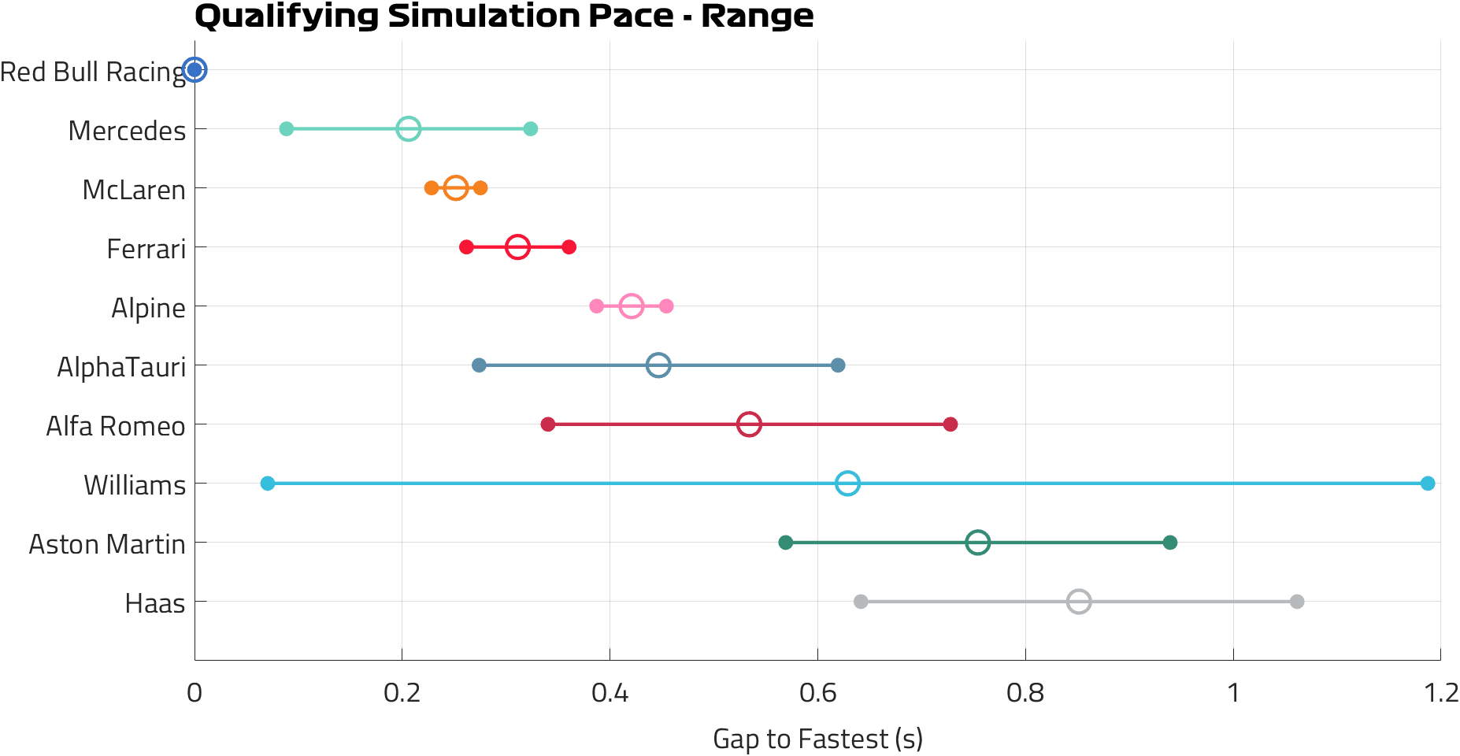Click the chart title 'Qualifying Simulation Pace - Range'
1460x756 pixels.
click(504, 16)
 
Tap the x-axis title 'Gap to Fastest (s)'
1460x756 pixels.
click(817, 739)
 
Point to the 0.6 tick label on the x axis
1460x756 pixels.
click(817, 693)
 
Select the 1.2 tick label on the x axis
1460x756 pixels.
click(1441, 693)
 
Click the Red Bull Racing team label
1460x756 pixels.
click(93, 72)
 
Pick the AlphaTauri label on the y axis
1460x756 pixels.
click(121, 367)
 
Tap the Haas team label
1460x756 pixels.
click(155, 603)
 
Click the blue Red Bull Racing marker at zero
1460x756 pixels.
click(195, 70)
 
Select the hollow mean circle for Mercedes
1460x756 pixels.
click(408, 128)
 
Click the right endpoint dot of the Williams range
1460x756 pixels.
click(1428, 483)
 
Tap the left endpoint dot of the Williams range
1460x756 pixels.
click(268, 483)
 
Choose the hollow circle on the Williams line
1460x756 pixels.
click(847, 483)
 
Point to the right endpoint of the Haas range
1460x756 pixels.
click(1297, 602)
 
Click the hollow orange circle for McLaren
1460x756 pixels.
click(455, 188)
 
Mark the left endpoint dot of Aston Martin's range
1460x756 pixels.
click(785, 543)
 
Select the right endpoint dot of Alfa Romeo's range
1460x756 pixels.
click(950, 424)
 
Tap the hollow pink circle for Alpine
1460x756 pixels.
click(631, 306)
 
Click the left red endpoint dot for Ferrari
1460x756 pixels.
click(466, 247)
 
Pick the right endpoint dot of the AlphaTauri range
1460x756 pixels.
click(838, 365)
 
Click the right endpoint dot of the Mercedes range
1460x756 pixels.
click(531, 128)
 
